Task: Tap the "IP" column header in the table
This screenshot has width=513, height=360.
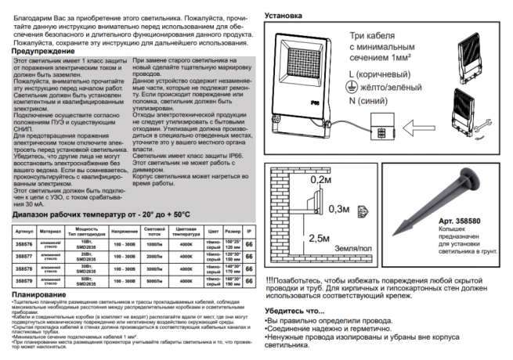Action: [x=249, y=232]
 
